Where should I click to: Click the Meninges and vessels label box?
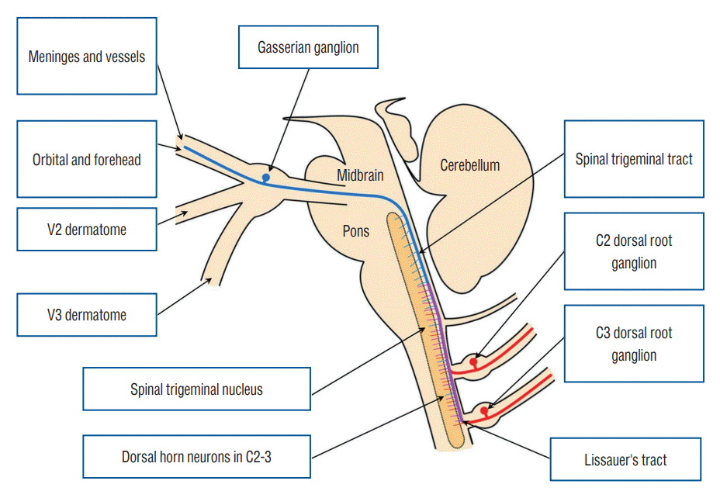click(86, 56)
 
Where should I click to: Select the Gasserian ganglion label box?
click(308, 47)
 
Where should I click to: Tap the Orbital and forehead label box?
click(86, 161)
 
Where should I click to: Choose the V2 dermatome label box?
click(86, 229)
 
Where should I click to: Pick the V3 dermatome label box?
click(86, 315)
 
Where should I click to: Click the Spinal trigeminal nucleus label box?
click(196, 389)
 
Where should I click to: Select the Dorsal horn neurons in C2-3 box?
click(196, 457)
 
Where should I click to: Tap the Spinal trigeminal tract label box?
click(634, 159)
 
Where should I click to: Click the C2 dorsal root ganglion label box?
click(634, 251)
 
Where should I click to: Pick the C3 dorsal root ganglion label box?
click(634, 344)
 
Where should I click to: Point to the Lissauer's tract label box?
click(625, 459)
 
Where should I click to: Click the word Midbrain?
click(360, 176)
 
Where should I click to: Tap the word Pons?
click(356, 230)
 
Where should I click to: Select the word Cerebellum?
click(469, 164)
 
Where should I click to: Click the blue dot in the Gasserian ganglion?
click(265, 178)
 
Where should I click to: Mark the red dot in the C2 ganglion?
click(473, 360)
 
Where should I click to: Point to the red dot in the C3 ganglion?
click(485, 410)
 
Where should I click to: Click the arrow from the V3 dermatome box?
click(184, 297)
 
